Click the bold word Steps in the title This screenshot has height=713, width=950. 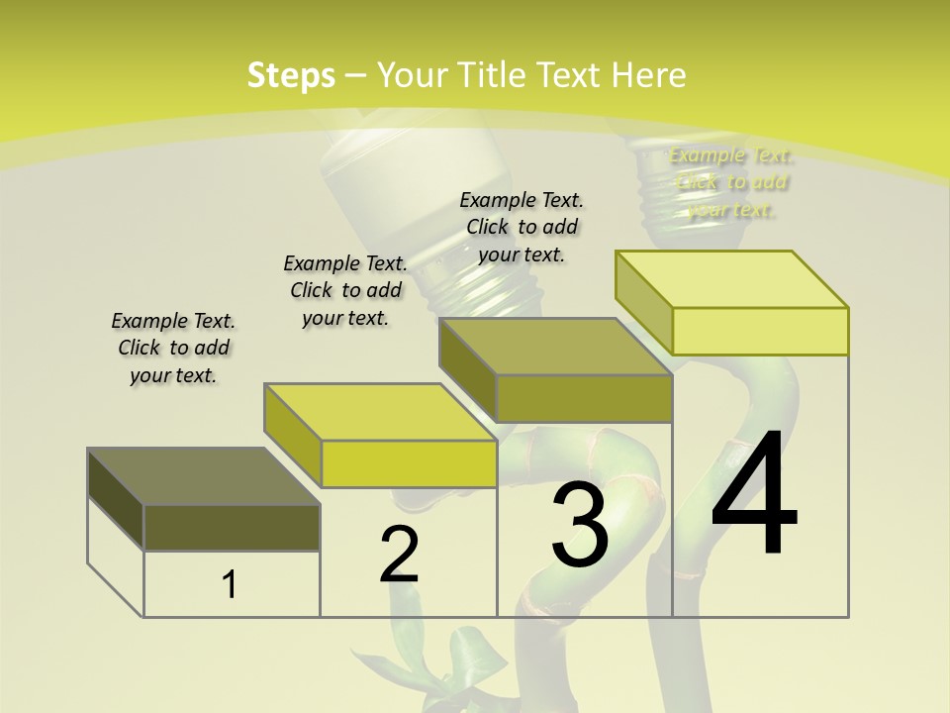click(291, 75)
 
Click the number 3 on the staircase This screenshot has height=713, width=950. click(580, 525)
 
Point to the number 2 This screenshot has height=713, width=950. click(399, 555)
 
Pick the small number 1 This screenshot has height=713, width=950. click(230, 584)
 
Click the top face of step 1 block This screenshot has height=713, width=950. click(203, 476)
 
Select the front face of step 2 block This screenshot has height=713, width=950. click(409, 463)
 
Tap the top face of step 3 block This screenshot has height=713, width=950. click(555, 347)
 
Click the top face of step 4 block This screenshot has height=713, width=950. click(731, 279)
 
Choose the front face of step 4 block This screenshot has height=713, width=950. click(760, 331)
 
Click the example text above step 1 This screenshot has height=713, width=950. click(173, 348)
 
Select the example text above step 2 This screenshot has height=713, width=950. click(345, 290)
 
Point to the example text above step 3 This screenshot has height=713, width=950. click(522, 227)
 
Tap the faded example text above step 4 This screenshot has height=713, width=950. click(730, 182)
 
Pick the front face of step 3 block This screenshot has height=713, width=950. click(584, 398)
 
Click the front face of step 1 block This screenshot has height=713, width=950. click(232, 527)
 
